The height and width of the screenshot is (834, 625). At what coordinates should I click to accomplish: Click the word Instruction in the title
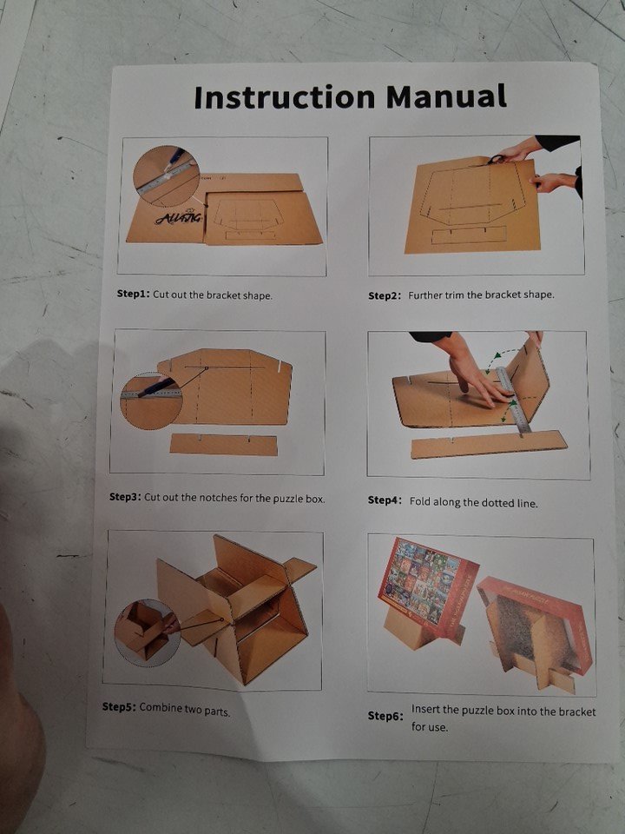click(x=285, y=96)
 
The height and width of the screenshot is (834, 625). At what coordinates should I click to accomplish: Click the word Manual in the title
click(x=446, y=96)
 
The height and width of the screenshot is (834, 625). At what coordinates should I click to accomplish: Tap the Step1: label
click(x=134, y=294)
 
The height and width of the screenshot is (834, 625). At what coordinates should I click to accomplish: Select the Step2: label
click(x=385, y=295)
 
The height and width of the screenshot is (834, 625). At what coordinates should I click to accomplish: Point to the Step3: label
click(x=125, y=497)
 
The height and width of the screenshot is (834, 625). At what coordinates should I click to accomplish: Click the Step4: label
click(x=385, y=500)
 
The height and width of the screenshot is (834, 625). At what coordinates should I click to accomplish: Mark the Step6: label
click(x=385, y=716)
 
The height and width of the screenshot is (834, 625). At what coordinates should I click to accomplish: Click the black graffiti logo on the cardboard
click(x=179, y=217)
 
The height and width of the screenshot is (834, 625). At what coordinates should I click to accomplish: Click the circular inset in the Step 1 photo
click(x=166, y=176)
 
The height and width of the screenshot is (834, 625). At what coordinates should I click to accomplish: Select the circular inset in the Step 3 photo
click(x=151, y=400)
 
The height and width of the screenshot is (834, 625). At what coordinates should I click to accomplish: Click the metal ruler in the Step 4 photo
click(x=513, y=400)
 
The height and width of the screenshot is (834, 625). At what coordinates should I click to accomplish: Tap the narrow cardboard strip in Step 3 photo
click(x=224, y=445)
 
